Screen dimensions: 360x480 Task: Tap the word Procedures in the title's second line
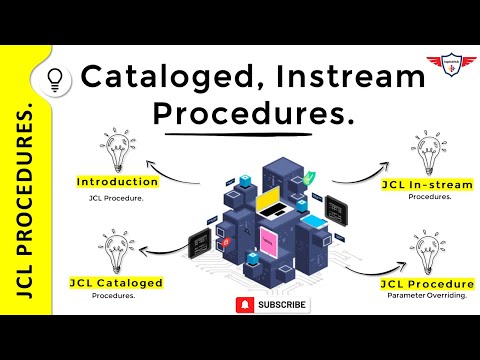pyautogui.click(x=252, y=114)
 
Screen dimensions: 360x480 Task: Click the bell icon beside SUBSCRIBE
pyautogui.click(x=243, y=304)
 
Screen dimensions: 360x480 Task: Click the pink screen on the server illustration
pyautogui.click(x=270, y=237)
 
